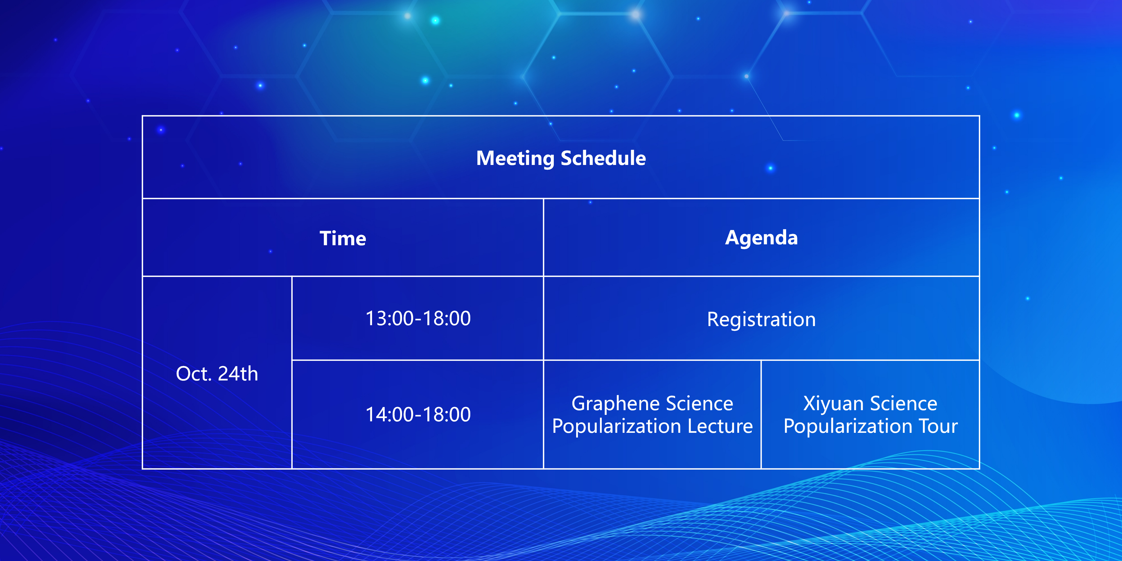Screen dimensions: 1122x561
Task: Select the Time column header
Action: (343, 238)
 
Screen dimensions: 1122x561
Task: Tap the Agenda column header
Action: (761, 238)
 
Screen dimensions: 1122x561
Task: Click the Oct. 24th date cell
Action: (217, 374)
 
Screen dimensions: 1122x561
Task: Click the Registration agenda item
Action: (761, 320)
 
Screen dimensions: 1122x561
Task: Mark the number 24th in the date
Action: (238, 374)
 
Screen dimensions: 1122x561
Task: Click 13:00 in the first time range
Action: (389, 318)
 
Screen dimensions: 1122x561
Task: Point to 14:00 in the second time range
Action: (389, 414)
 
